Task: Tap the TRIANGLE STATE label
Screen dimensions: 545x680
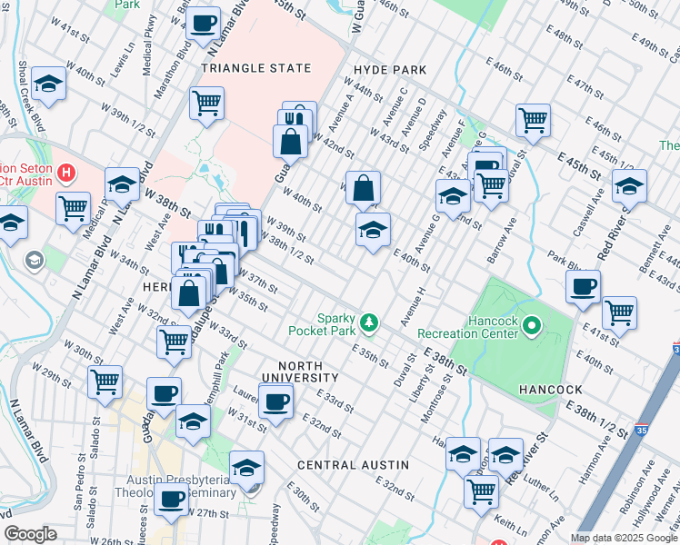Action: point(255,68)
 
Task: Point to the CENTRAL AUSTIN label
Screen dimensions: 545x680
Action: point(353,464)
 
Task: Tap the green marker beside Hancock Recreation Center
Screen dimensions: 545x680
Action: point(534,323)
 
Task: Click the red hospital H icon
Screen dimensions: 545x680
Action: point(65,171)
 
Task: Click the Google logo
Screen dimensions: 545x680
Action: point(31,534)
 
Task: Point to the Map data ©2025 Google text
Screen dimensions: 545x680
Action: point(624,538)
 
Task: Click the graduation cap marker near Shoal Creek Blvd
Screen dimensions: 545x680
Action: point(48,84)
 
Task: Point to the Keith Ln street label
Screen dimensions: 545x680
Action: point(512,524)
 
